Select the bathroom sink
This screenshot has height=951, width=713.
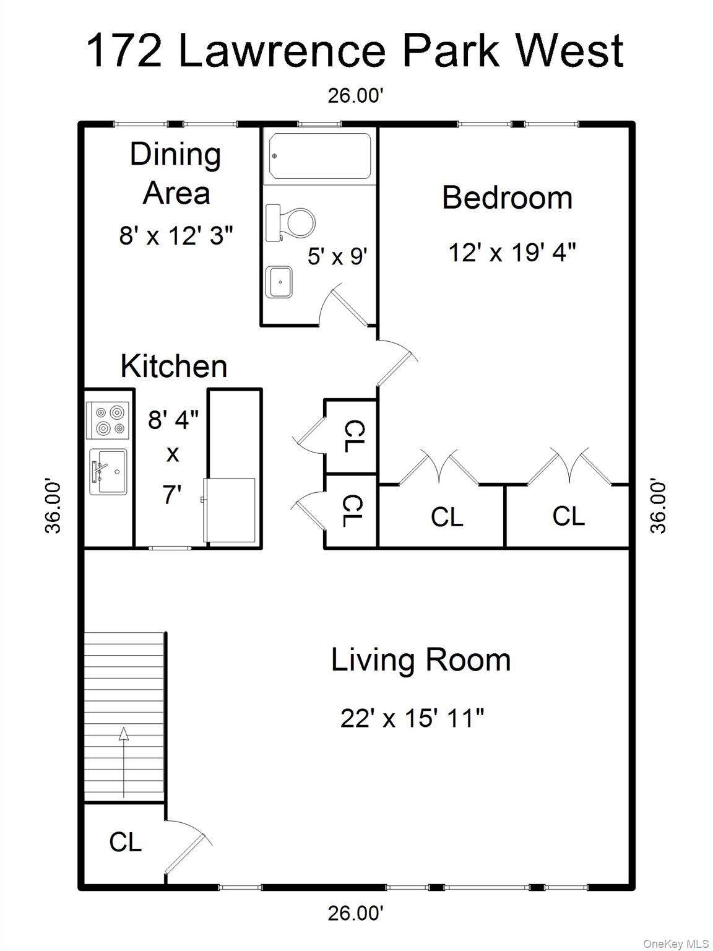[279, 282]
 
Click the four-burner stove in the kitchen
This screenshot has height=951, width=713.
[109, 420]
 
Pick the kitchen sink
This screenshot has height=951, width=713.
[108, 471]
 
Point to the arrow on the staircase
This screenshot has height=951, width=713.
[124, 762]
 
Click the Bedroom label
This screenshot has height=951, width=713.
[507, 198]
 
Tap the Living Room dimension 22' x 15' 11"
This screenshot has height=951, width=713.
[412, 719]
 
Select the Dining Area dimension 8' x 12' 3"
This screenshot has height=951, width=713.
[176, 236]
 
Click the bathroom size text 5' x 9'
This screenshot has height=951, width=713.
[337, 256]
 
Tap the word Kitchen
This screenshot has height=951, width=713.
[174, 367]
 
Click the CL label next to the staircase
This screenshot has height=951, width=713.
[126, 842]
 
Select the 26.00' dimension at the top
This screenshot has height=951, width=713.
[356, 96]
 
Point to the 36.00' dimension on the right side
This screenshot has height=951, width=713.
[659, 506]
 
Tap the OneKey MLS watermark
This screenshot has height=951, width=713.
[676, 944]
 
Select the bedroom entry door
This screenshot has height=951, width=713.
[396, 362]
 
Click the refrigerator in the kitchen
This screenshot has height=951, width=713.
[229, 510]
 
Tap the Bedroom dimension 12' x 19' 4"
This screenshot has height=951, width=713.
[512, 253]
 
